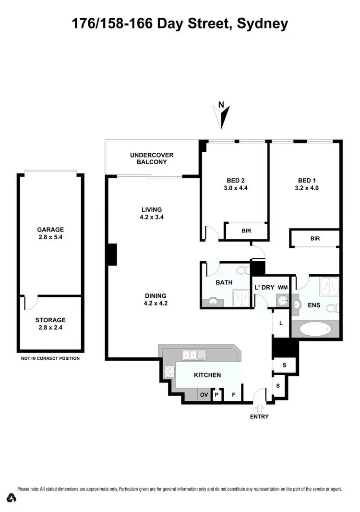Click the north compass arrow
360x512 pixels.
(x=222, y=116)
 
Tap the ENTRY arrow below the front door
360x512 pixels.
(x=259, y=407)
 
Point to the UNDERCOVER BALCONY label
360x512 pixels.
(x=152, y=158)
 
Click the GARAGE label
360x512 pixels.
(x=50, y=230)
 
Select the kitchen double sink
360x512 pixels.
(x=194, y=355)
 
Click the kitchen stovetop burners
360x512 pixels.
(x=169, y=371)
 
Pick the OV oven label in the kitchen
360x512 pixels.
(x=204, y=395)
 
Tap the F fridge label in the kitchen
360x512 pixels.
(x=234, y=395)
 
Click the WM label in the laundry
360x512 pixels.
(x=283, y=287)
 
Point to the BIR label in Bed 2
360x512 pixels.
(x=246, y=231)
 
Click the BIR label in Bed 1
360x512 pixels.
(x=315, y=238)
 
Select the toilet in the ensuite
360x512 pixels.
(x=332, y=308)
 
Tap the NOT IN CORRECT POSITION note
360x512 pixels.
(x=50, y=358)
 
